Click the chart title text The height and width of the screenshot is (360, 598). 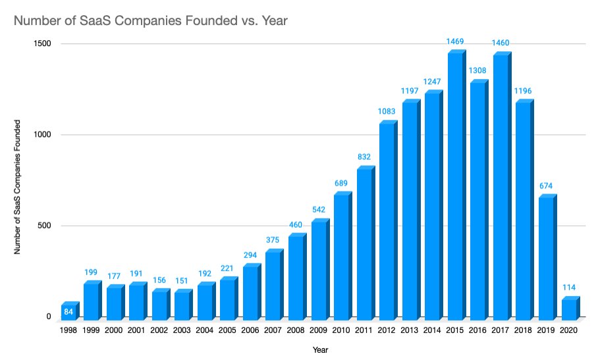[151, 20]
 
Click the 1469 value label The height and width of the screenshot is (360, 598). [455, 41]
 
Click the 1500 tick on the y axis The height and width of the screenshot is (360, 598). [42, 44]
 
